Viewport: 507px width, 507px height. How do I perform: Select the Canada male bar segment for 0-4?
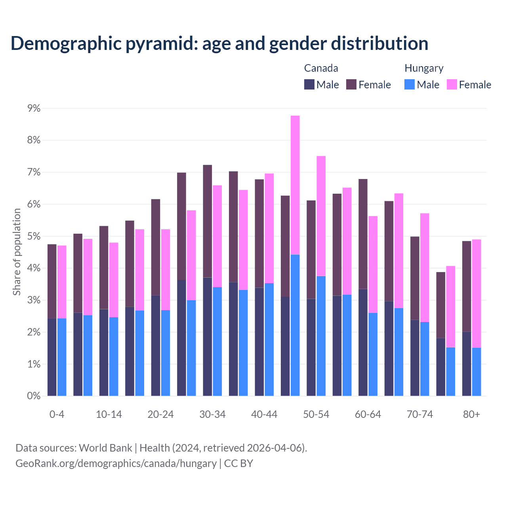tap(52, 357)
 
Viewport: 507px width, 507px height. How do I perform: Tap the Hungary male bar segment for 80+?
tap(477, 372)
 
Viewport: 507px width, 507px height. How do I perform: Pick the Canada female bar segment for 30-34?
tap(208, 221)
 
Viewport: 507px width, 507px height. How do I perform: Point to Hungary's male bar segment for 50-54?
tap(321, 335)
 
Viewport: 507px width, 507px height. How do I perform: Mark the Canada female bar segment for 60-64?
tap(363, 234)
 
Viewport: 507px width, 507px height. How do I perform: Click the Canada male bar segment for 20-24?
tap(156, 345)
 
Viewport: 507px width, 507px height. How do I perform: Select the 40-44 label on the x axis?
tap(264, 414)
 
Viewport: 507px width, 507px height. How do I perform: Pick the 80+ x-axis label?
tap(471, 414)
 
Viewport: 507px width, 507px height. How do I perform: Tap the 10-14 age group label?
tap(109, 414)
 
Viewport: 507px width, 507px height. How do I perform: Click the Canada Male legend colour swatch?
tap(309, 84)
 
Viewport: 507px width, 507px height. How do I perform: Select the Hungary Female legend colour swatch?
tap(452, 84)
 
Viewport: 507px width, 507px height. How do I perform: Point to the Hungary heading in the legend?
tap(424, 68)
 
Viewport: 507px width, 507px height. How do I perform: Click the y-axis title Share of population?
tap(17, 252)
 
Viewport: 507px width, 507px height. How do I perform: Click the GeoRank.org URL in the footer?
tap(116, 463)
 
